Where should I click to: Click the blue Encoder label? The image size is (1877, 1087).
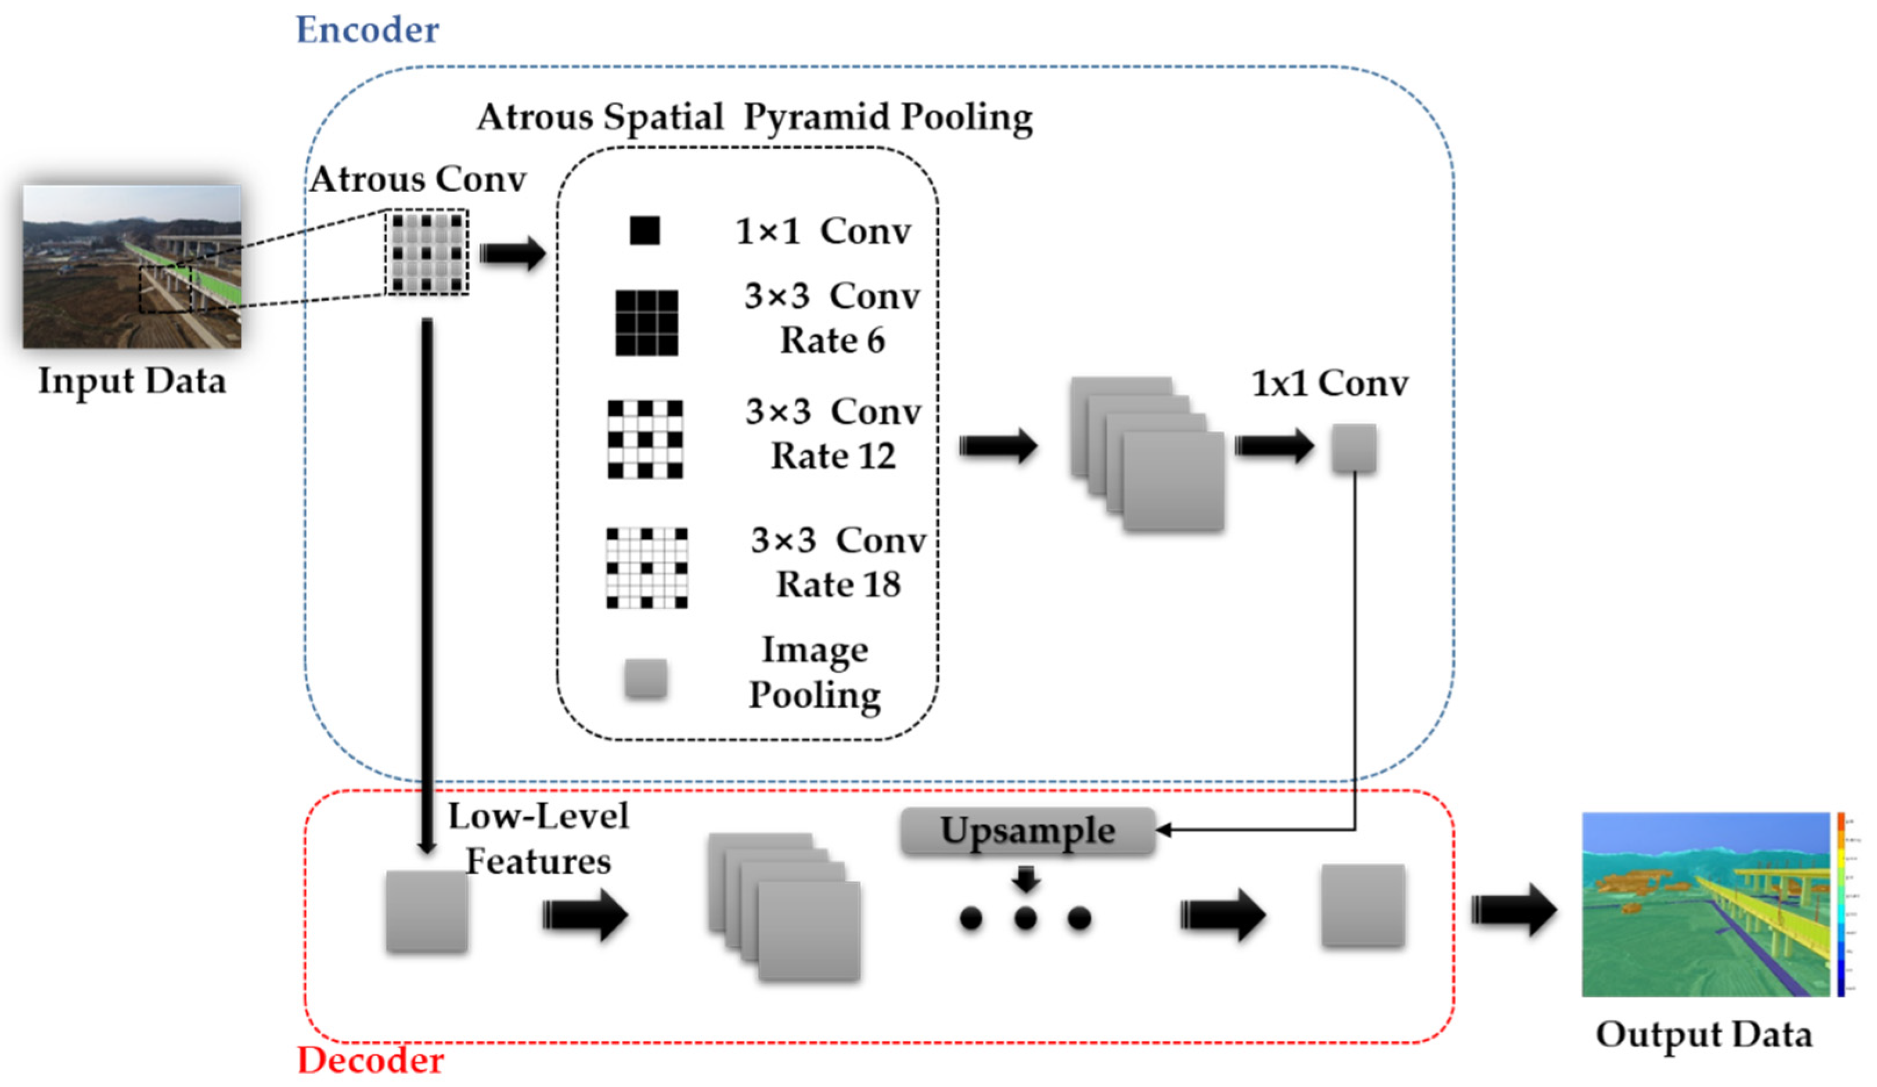click(x=367, y=30)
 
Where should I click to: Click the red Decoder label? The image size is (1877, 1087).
click(x=370, y=1060)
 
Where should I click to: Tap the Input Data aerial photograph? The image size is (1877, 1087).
click(x=132, y=266)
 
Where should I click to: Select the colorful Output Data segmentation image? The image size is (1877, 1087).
click(x=1706, y=904)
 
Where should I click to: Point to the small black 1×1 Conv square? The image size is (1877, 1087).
click(x=644, y=230)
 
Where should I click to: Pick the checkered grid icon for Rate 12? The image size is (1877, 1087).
click(x=645, y=439)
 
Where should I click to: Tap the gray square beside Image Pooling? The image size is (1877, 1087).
click(x=646, y=678)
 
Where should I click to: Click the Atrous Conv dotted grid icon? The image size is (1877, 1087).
click(x=426, y=252)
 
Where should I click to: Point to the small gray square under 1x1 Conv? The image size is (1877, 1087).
click(x=1353, y=448)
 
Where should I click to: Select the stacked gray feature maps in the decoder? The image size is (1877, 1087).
click(x=784, y=906)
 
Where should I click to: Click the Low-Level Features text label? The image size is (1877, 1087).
click(x=538, y=838)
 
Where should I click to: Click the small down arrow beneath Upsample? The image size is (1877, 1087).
click(x=1026, y=879)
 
